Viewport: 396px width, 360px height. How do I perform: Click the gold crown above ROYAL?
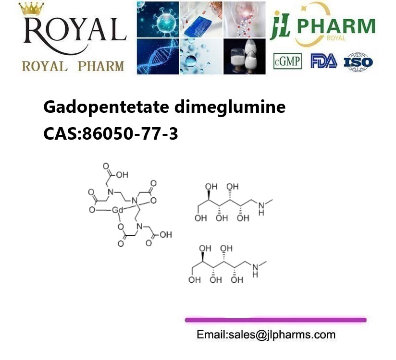(31, 9)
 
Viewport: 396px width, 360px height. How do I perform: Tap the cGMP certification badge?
(287, 61)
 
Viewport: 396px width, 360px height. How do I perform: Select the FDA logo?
(324, 61)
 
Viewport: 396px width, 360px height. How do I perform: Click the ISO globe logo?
(359, 62)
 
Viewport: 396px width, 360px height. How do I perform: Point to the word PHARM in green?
(336, 26)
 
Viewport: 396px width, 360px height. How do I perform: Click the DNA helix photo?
(158, 56)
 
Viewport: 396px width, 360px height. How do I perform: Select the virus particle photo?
(158, 19)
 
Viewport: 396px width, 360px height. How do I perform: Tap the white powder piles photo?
(245, 56)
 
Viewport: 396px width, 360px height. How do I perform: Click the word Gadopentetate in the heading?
(106, 107)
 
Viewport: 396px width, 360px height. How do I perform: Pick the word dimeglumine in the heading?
(230, 107)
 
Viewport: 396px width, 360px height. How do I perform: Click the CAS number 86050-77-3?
(130, 133)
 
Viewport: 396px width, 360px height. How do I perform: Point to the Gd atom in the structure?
(117, 210)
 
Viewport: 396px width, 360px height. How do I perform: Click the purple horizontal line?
(275, 320)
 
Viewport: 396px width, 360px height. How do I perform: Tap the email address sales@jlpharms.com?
(282, 335)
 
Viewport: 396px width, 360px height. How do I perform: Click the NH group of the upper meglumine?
(261, 209)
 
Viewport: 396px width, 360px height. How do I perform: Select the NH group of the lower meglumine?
(255, 271)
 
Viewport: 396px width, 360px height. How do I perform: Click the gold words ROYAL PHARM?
(73, 66)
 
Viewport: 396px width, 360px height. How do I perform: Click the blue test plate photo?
(201, 19)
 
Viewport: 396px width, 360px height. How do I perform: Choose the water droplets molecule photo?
(201, 56)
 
